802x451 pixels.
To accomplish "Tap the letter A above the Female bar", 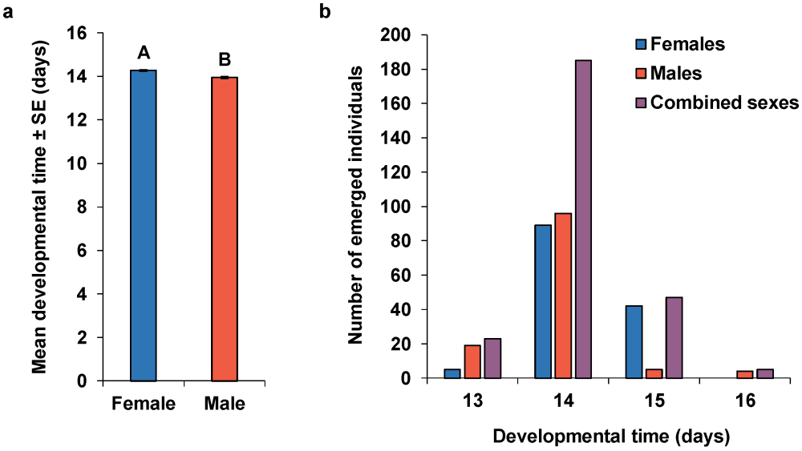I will pyautogui.click(x=144, y=53).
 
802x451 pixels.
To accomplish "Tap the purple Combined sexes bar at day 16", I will pyautogui.click(x=764, y=373).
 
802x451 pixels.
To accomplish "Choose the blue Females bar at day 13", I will pyautogui.click(x=452, y=373).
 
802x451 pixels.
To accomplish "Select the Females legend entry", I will pyautogui.click(x=687, y=43).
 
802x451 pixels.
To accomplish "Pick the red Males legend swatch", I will pyautogui.click(x=641, y=73).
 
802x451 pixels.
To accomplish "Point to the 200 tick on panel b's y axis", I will pyautogui.click(x=399, y=35).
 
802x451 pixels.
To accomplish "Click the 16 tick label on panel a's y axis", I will pyautogui.click(x=78, y=34).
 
